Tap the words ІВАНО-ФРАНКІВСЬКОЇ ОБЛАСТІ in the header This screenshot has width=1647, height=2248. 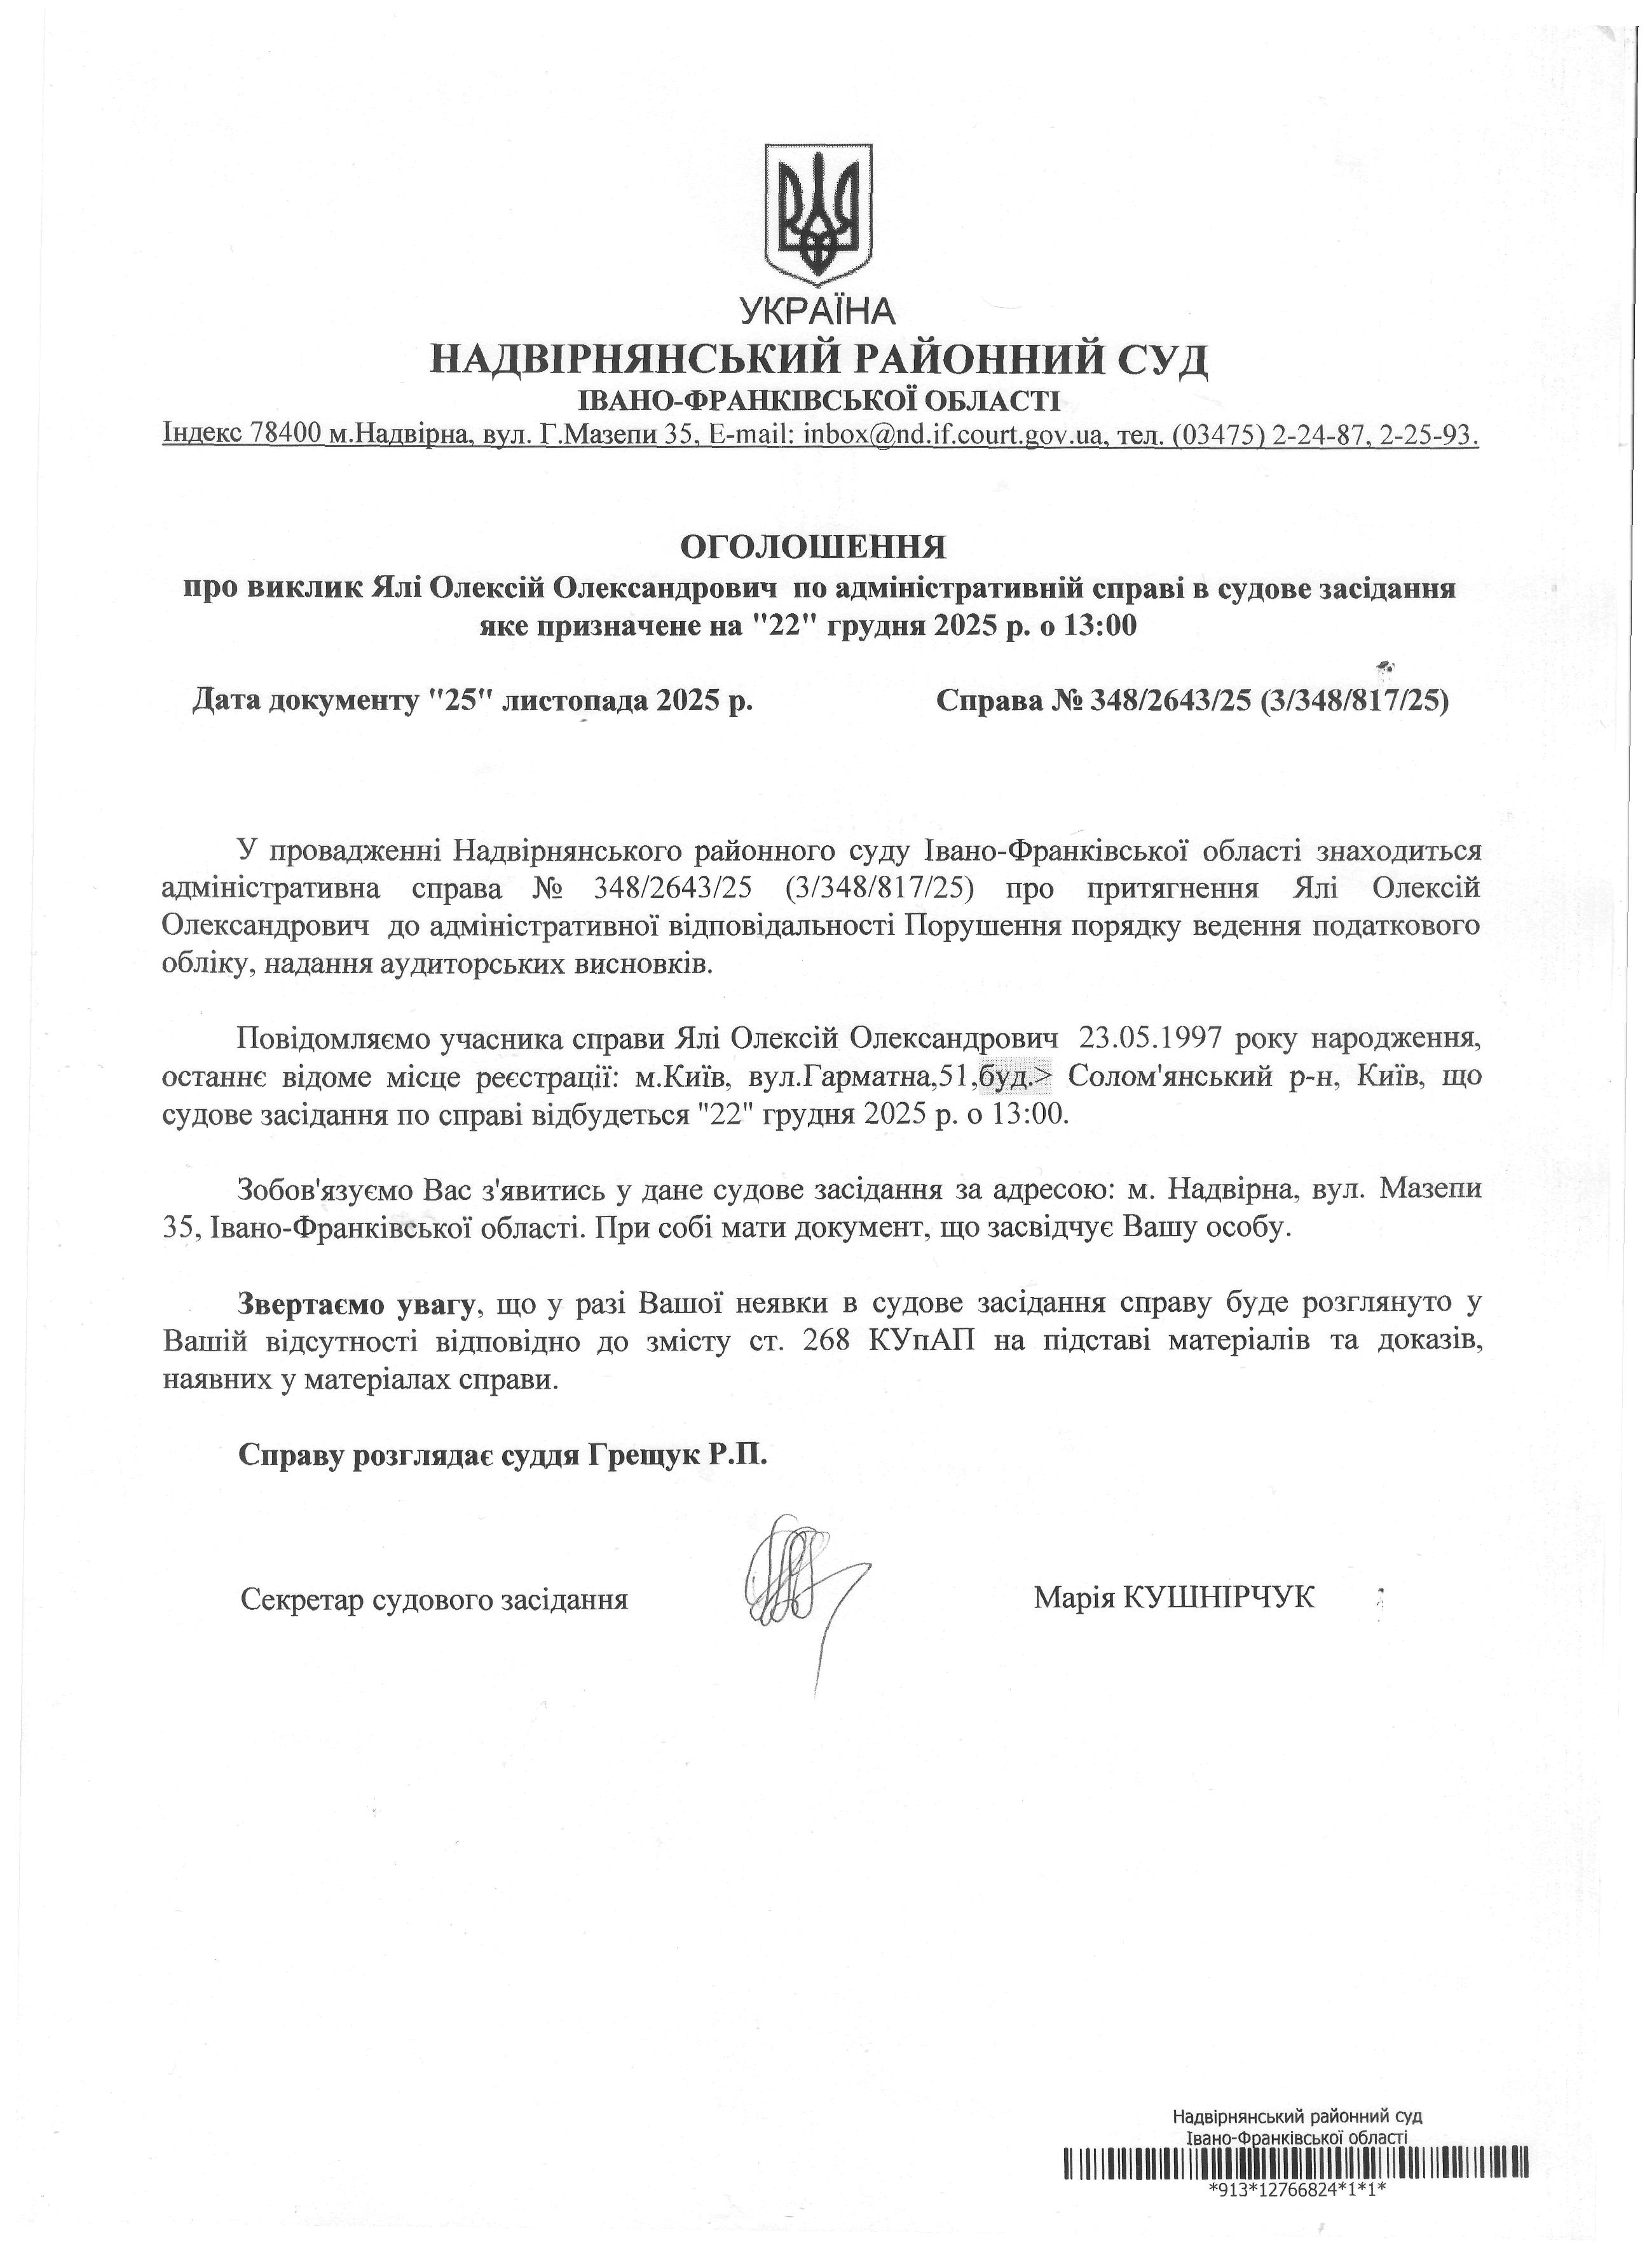point(819,402)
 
